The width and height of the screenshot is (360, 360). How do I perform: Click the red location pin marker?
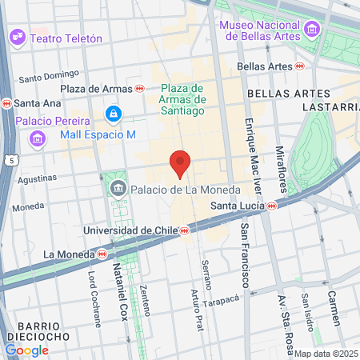coord(180,162)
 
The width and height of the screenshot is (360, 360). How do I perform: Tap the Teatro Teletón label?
coord(66,38)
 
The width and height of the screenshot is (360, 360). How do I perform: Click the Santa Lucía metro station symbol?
coord(272,206)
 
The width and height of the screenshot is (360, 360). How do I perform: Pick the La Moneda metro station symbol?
coord(102,254)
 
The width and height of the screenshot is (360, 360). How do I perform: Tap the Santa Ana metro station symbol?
coord(7,103)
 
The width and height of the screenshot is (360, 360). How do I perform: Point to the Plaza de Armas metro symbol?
coord(140,89)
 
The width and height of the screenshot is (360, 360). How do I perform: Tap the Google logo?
coord(26,350)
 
